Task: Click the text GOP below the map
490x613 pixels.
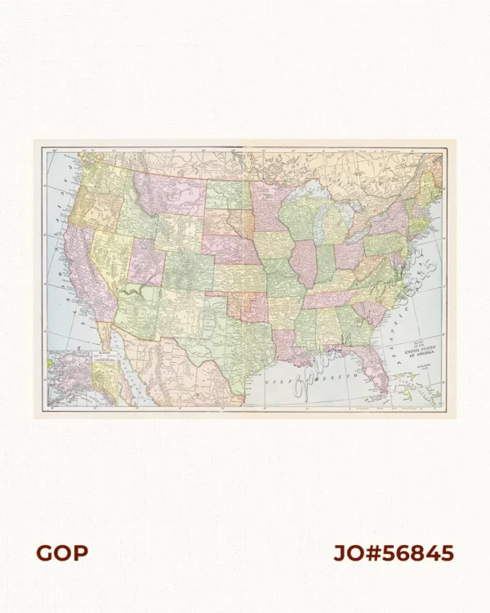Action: click(61, 553)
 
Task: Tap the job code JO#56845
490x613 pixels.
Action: click(393, 553)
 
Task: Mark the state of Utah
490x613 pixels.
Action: click(145, 262)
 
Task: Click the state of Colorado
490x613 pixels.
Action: click(189, 270)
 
